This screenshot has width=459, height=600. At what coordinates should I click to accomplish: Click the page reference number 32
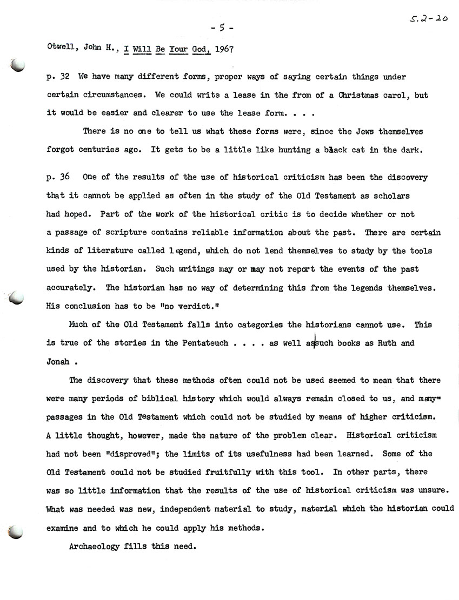coord(65,78)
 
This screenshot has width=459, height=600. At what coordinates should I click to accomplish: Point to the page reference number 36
coord(65,178)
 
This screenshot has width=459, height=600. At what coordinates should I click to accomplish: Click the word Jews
coord(356,132)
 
